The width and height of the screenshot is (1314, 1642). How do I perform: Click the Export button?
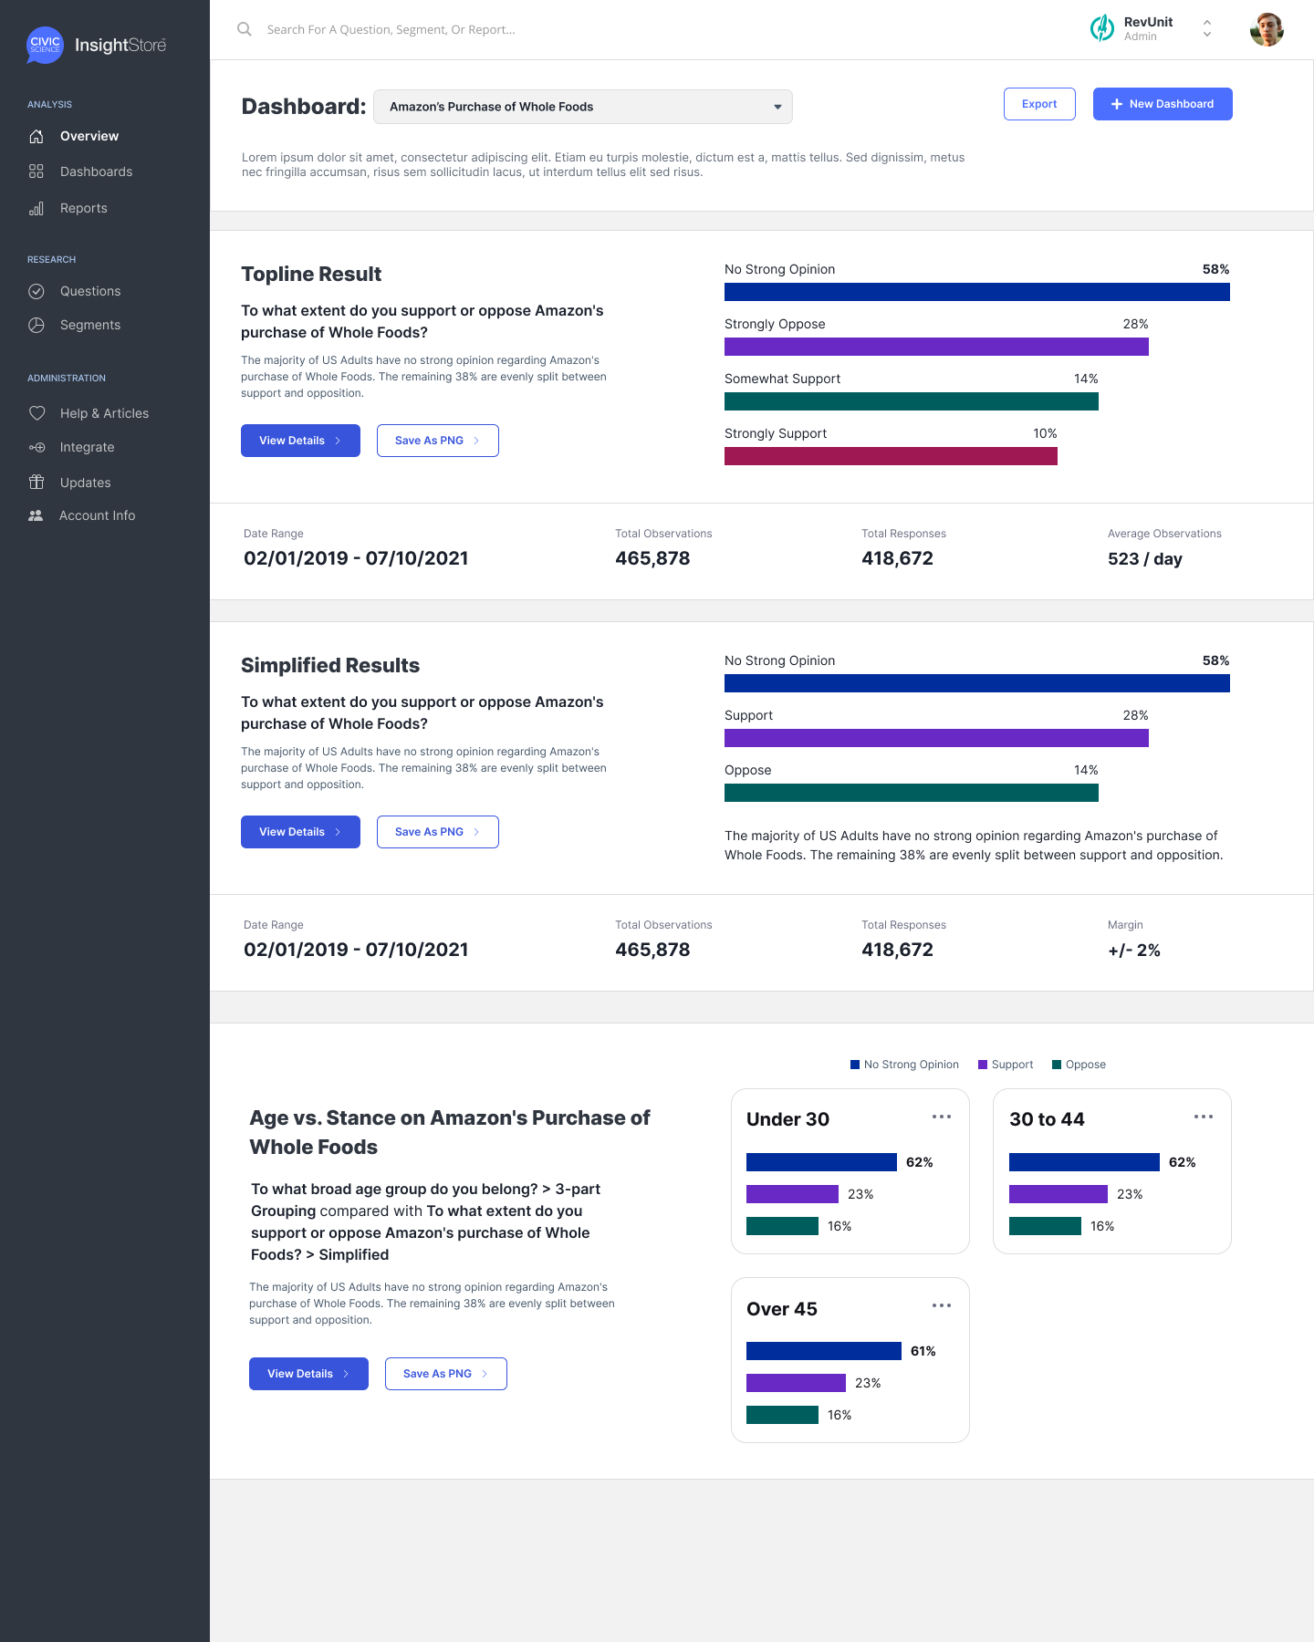[1039, 104]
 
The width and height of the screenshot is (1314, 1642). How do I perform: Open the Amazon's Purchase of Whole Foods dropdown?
[583, 107]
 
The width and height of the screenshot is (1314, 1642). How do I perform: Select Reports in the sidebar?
[83, 208]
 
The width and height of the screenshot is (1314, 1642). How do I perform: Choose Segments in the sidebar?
[89, 325]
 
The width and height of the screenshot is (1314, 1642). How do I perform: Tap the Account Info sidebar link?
[97, 515]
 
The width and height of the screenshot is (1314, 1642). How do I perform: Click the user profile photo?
[1267, 29]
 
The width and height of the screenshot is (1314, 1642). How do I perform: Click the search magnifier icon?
[245, 29]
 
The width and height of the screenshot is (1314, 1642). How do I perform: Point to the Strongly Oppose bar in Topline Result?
[936, 347]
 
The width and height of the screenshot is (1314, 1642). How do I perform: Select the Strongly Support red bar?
[891, 456]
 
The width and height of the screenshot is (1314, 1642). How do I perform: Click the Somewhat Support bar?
[911, 401]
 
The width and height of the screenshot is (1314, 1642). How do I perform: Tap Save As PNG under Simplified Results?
[437, 832]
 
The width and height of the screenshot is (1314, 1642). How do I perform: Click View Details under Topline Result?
[300, 441]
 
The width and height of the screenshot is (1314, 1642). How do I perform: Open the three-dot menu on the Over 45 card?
[942, 1305]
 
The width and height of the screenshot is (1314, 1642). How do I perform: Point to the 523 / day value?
[1144, 559]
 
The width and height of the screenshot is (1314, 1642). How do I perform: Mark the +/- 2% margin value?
[1134, 951]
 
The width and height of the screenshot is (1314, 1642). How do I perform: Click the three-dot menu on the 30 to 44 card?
[1204, 1117]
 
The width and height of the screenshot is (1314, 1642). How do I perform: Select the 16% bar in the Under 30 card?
[782, 1226]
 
